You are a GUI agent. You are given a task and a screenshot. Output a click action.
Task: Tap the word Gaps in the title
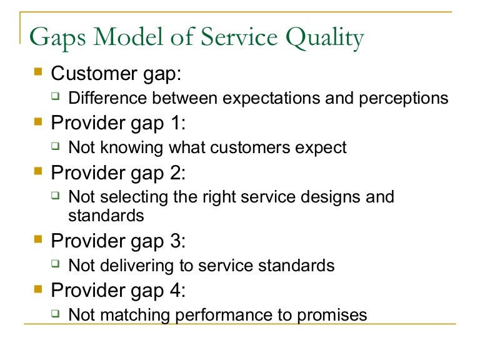57,38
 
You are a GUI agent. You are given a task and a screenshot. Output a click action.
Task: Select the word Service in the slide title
239,37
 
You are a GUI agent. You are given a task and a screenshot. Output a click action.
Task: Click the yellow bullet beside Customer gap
38,72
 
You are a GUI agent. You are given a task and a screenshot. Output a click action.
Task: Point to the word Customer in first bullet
94,74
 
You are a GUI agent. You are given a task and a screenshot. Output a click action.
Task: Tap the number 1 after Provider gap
175,123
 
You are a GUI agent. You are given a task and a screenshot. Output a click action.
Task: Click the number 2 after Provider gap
176,172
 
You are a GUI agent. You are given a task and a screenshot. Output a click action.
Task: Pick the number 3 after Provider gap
176,241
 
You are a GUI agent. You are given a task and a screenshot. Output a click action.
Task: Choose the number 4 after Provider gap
176,290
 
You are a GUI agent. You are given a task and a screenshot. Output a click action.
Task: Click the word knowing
132,148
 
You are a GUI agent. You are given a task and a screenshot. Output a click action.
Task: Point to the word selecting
134,197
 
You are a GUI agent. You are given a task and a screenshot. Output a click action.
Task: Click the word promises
332,316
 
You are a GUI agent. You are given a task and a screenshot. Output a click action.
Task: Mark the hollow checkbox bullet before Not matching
56,313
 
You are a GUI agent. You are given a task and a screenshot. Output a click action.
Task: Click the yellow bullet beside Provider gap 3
38,239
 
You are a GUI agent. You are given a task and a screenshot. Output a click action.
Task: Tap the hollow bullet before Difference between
56,96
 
